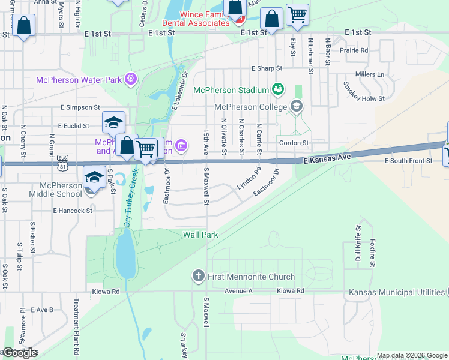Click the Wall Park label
click(x=200, y=235)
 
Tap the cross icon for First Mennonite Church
click(x=199, y=277)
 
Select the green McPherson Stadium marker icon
click(x=277, y=90)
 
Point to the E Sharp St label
click(x=267, y=68)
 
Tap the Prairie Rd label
click(x=354, y=50)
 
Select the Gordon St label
click(x=294, y=143)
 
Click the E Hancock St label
click(x=73, y=211)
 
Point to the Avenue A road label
click(x=239, y=291)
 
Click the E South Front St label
click(x=408, y=161)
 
